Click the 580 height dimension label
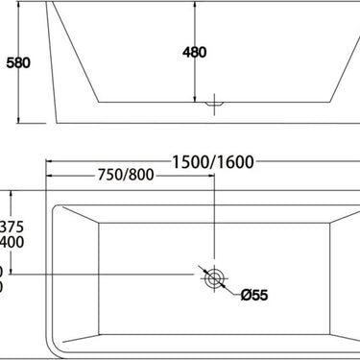click(x=18, y=63)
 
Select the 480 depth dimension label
click(x=194, y=52)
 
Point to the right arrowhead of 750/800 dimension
click(x=211, y=177)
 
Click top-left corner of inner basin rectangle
click(x=100, y=225)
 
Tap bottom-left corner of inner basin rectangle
click(x=100, y=331)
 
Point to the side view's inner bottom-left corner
click(x=99, y=98)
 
